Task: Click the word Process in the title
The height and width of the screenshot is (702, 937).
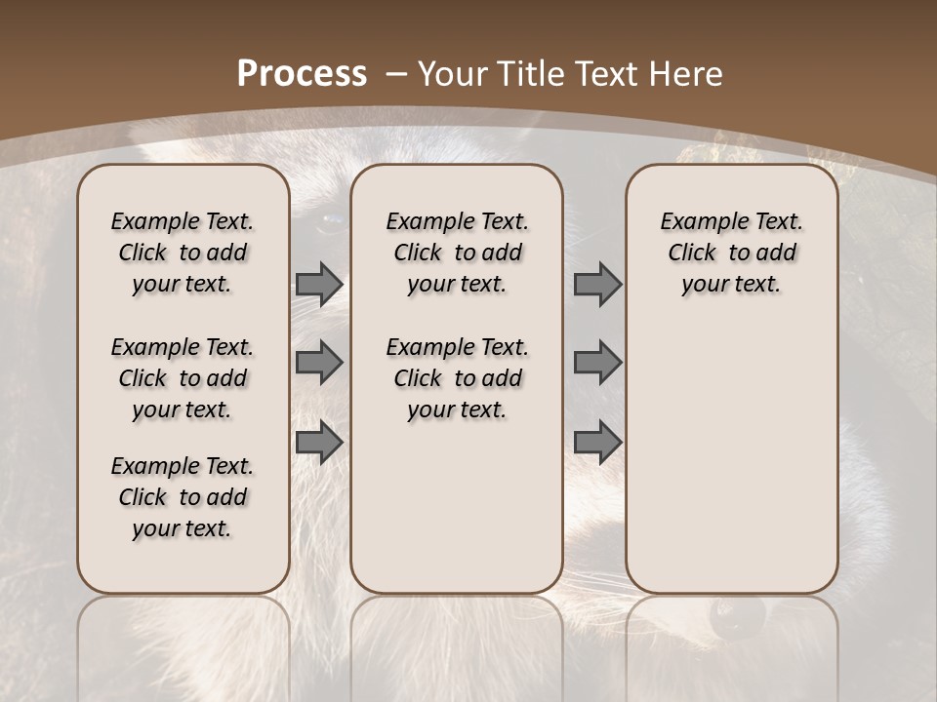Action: (303, 74)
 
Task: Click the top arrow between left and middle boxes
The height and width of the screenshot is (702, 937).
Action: (319, 284)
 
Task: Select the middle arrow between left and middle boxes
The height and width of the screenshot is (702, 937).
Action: (319, 363)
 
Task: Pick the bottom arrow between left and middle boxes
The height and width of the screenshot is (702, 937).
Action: (319, 442)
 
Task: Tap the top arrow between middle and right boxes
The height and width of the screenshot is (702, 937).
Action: (597, 284)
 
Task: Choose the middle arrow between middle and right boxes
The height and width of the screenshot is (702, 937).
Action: (597, 363)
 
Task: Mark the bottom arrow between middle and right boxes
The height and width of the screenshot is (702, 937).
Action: (597, 442)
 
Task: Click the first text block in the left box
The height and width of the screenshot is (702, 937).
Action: (183, 253)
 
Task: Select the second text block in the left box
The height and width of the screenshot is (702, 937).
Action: (183, 378)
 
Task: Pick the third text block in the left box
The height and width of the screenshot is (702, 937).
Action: (183, 497)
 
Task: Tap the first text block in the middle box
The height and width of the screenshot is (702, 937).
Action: (457, 253)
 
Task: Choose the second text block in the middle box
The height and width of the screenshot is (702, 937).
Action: (457, 378)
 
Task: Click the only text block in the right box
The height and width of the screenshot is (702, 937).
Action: (731, 253)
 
